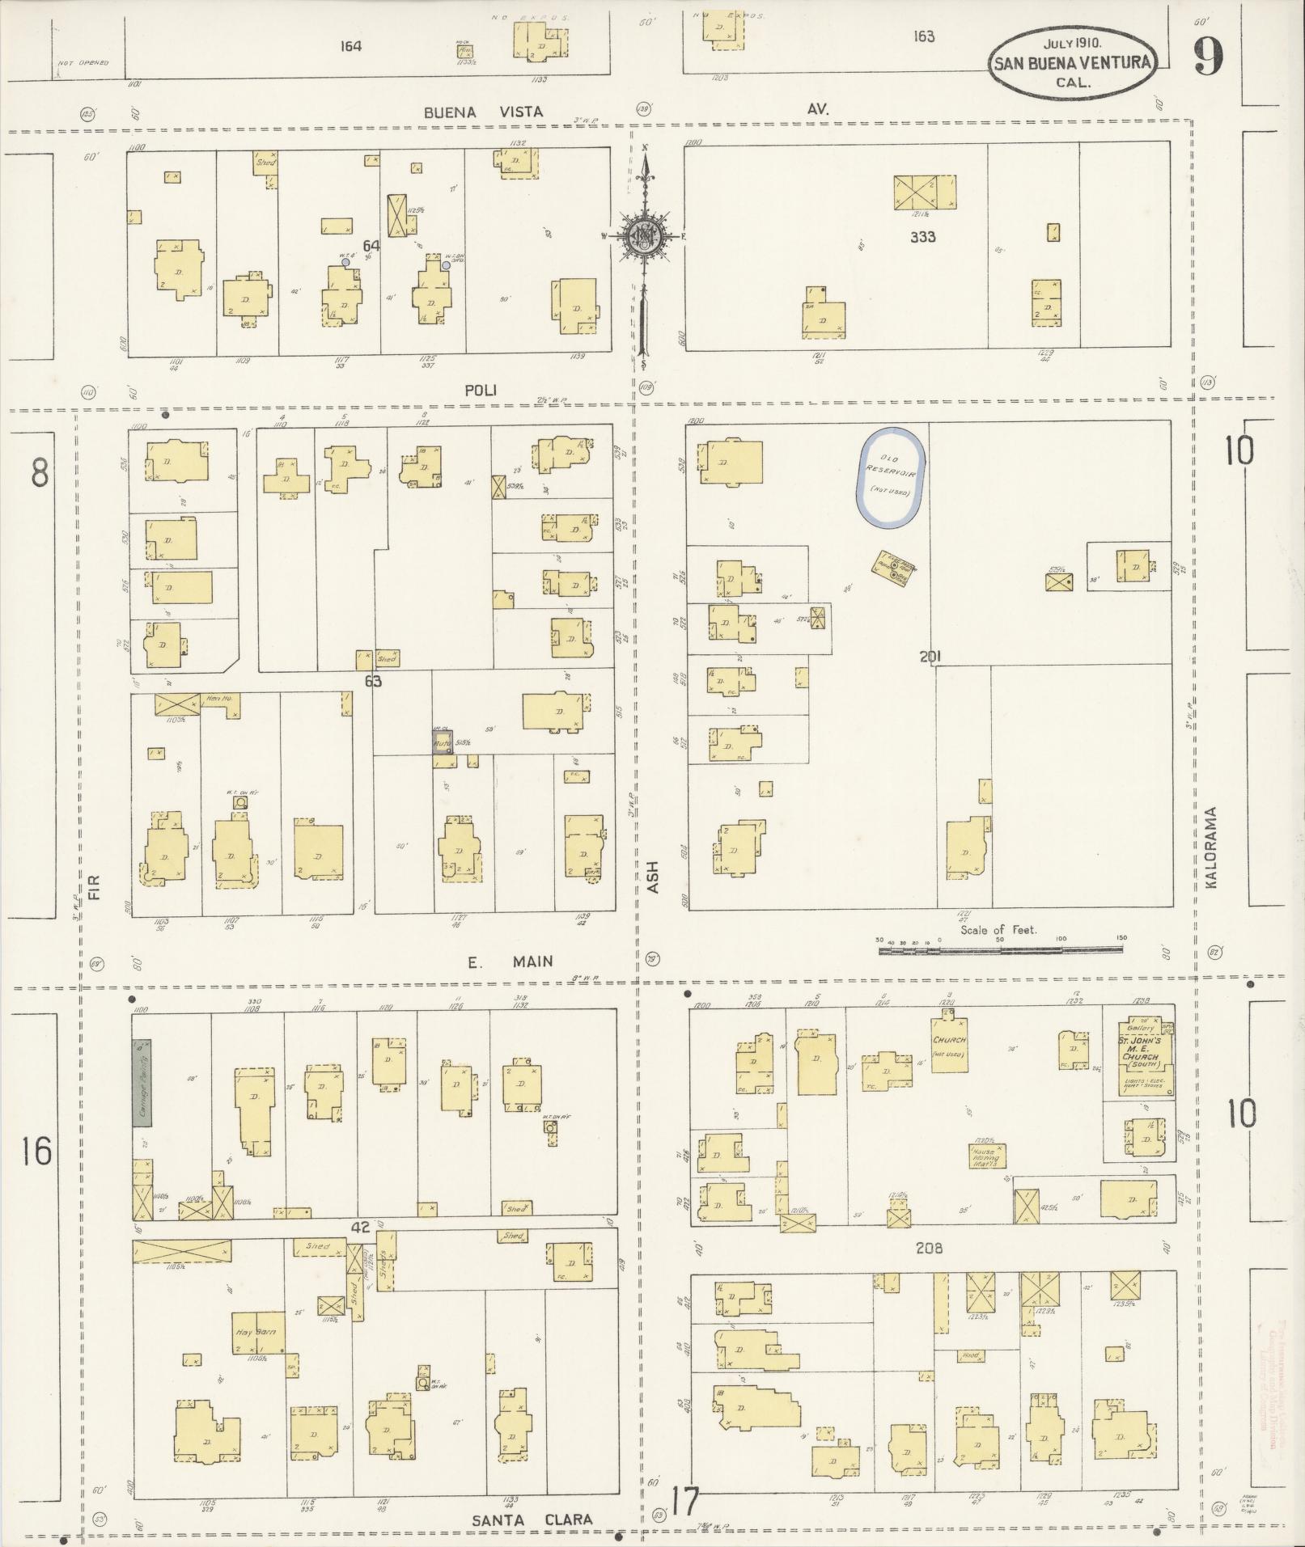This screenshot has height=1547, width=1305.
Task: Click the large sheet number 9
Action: (x=1208, y=56)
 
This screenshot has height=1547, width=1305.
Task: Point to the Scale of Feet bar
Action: (x=1002, y=950)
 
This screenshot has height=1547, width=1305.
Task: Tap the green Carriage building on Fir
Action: (x=142, y=1082)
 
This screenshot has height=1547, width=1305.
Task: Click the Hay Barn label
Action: (x=256, y=1331)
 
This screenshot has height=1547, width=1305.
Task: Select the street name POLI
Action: (x=481, y=390)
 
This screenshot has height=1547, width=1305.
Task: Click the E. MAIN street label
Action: (x=511, y=961)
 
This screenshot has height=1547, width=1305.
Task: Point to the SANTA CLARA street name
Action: (x=532, y=1519)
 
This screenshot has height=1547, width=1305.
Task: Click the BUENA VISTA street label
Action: (x=484, y=112)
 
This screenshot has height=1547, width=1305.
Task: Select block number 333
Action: (x=922, y=237)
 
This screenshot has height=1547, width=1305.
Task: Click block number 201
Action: (x=930, y=657)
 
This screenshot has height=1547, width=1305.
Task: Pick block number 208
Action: (x=930, y=1248)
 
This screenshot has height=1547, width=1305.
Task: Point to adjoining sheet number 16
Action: (x=36, y=1151)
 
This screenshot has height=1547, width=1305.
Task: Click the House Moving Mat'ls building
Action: (x=987, y=1154)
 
